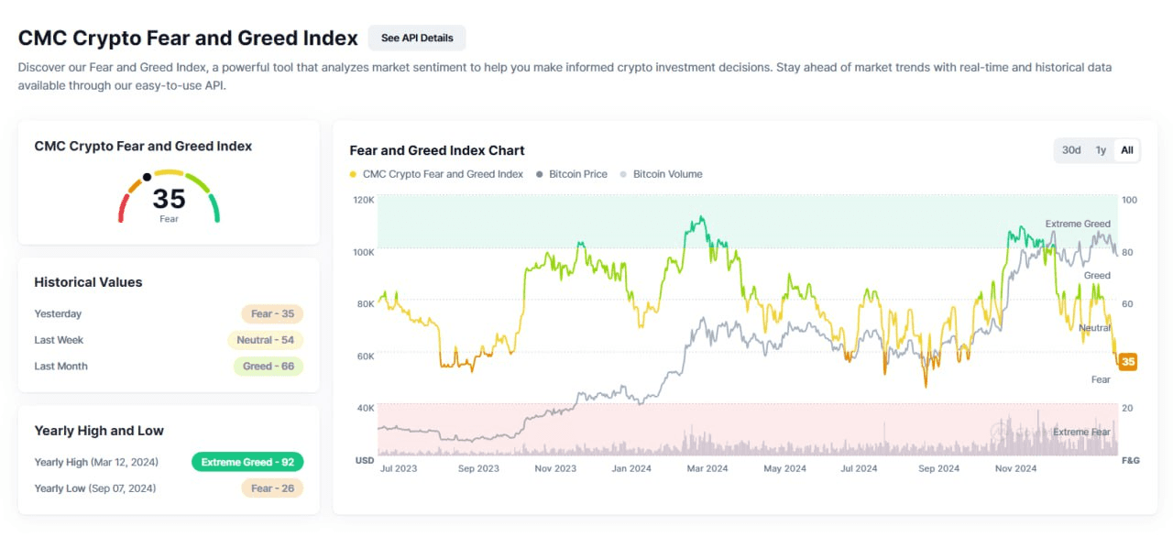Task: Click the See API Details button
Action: click(417, 38)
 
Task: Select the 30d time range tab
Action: click(1071, 150)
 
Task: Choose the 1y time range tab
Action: click(1101, 150)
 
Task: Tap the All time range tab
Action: click(1127, 150)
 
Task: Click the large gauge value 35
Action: click(169, 199)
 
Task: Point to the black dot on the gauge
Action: click(147, 177)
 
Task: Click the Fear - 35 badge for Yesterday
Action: click(272, 314)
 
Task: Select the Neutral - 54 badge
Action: click(265, 340)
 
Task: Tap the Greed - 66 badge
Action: click(268, 367)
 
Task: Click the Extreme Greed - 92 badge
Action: click(247, 462)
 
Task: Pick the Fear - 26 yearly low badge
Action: click(272, 488)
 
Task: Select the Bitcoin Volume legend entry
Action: click(667, 174)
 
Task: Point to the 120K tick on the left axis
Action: click(364, 200)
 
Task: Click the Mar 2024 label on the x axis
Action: click(707, 468)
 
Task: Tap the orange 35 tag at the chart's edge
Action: click(1128, 362)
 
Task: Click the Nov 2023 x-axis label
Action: click(554, 468)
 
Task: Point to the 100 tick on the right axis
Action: click(1129, 200)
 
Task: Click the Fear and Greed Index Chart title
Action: click(437, 150)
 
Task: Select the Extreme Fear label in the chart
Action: click(1081, 432)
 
